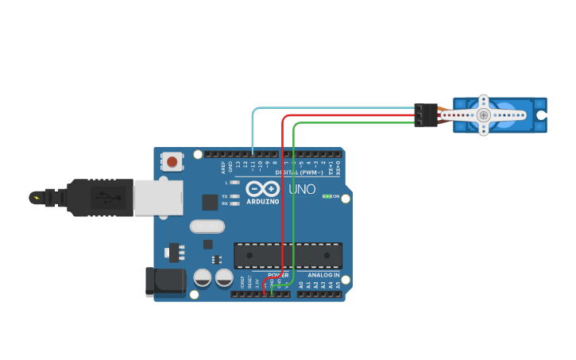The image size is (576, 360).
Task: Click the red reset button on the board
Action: pos(172,162)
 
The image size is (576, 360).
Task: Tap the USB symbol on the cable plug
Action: pos(102,196)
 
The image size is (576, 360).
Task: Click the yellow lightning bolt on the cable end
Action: pos(34,196)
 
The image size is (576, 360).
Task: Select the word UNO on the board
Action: pos(302,190)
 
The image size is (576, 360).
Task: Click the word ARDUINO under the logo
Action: pos(262,201)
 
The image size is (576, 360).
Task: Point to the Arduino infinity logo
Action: pos(262,189)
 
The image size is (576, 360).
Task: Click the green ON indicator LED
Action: pos(327,196)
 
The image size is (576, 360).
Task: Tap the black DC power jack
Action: pos(164,282)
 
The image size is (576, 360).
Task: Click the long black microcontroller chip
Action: pos(288,255)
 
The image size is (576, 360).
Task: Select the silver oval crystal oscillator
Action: pos(207,226)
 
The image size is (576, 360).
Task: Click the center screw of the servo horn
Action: pos(483,115)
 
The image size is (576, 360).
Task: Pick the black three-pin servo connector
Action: pos(426,115)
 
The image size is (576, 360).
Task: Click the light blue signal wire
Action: pos(334,107)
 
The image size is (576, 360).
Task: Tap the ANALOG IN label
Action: pos(323,275)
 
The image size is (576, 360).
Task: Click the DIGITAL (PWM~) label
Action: pos(299,172)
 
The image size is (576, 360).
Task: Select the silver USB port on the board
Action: pos(157,197)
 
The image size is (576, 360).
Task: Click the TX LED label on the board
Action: pos(225,195)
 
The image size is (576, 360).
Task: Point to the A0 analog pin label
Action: pos(301,284)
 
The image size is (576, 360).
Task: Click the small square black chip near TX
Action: pos(210,202)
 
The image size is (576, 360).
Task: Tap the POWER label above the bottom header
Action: pos(278,275)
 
